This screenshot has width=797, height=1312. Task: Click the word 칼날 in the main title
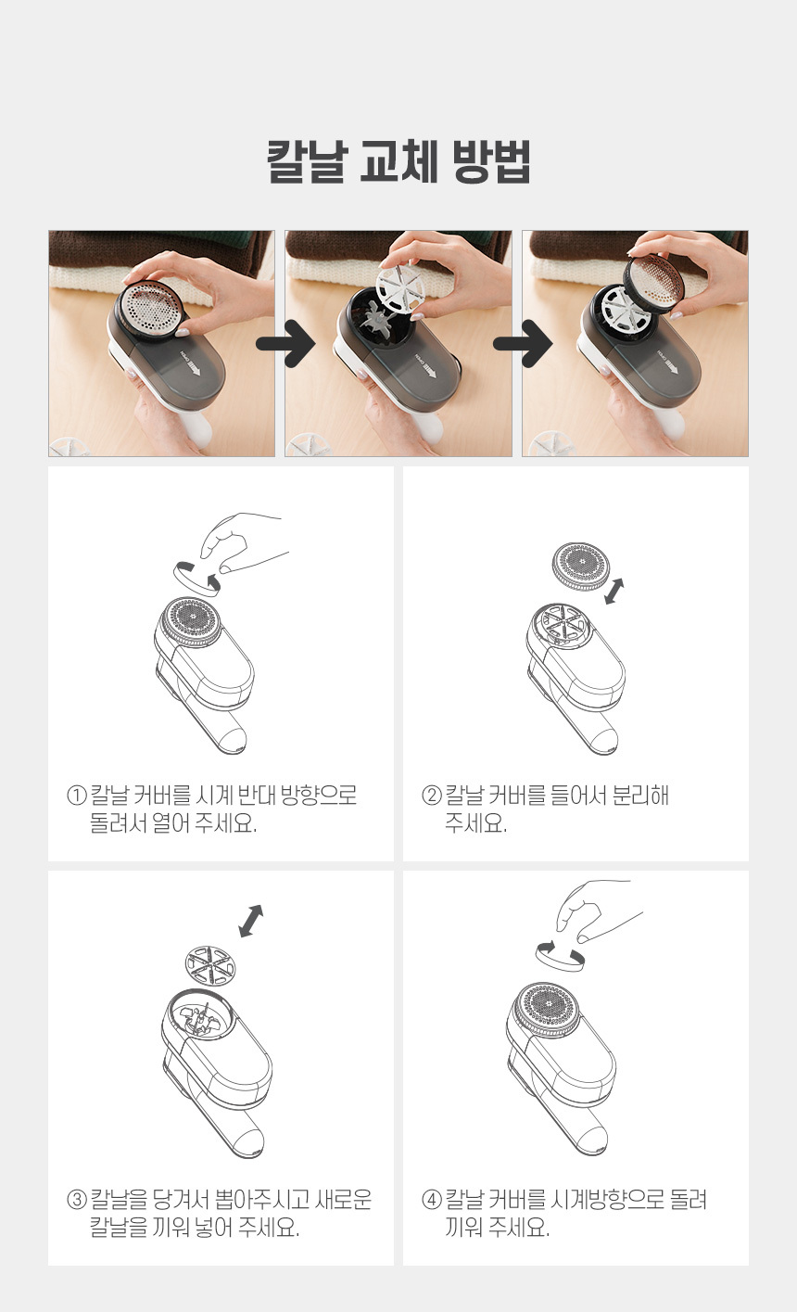tap(307, 161)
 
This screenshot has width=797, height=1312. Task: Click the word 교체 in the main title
tap(399, 161)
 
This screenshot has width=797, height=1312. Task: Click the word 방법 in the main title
tap(491, 161)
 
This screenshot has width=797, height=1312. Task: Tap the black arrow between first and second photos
tap(285, 343)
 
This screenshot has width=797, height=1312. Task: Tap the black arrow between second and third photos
tap(523, 343)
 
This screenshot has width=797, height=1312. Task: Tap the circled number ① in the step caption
tap(77, 796)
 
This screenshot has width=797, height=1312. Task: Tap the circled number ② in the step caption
tap(432, 796)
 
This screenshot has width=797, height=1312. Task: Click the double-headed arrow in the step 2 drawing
tap(614, 592)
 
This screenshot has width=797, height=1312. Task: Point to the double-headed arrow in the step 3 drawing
tap(251, 921)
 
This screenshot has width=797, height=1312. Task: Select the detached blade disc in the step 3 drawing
tap(210, 966)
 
